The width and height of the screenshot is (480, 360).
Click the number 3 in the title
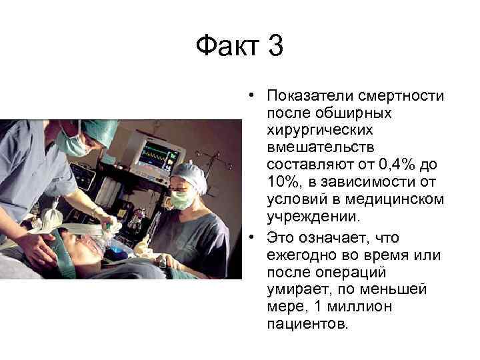tap(273, 48)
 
